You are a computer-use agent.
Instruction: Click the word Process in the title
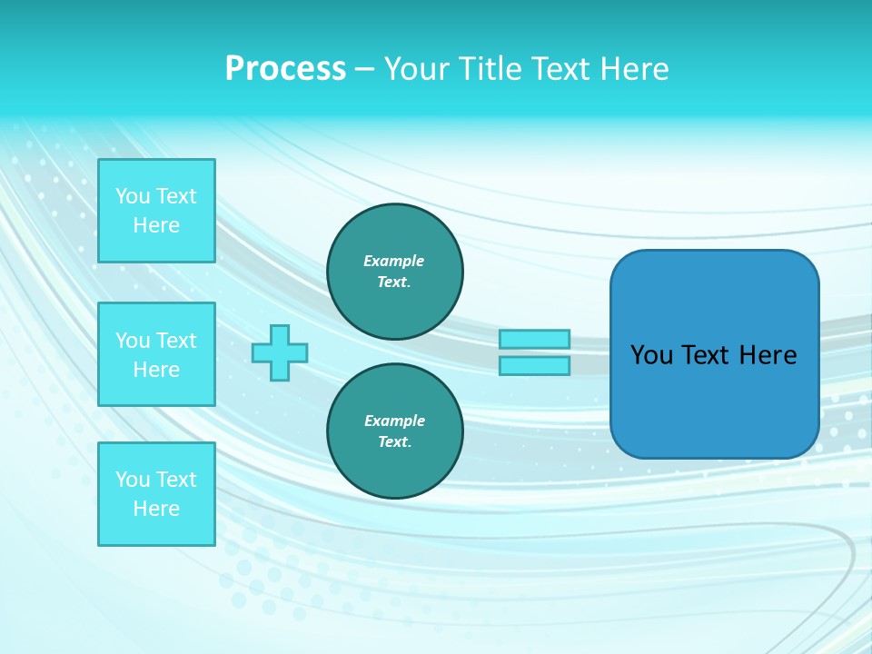pyautogui.click(x=285, y=68)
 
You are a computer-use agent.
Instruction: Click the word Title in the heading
pyautogui.click(x=493, y=68)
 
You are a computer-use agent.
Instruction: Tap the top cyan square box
pyautogui.click(x=156, y=211)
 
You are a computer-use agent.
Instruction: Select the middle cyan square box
pyautogui.click(x=156, y=354)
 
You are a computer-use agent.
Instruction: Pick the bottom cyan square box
pyautogui.click(x=156, y=494)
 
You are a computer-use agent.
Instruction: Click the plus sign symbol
pyautogui.click(x=280, y=353)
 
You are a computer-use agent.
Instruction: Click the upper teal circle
pyautogui.click(x=395, y=272)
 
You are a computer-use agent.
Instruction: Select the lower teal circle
pyautogui.click(x=395, y=431)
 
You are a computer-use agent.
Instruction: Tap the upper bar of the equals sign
pyautogui.click(x=534, y=339)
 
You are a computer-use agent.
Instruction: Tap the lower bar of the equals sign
pyautogui.click(x=534, y=366)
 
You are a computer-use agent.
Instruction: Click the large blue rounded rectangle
pyautogui.click(x=714, y=400)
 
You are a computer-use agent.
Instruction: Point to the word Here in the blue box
pyautogui.click(x=768, y=355)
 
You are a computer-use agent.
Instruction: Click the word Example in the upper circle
pyautogui.click(x=393, y=261)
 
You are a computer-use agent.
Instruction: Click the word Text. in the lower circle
pyautogui.click(x=394, y=442)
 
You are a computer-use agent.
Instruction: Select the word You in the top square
pyautogui.click(x=133, y=196)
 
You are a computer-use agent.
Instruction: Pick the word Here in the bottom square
pyautogui.click(x=156, y=509)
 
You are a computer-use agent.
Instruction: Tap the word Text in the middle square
pyautogui.click(x=175, y=341)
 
